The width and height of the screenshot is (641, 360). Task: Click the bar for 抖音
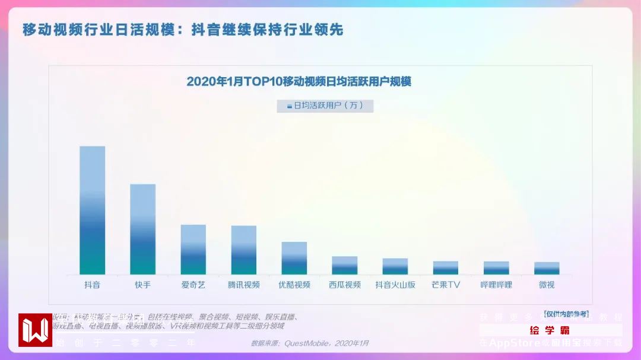click(x=93, y=210)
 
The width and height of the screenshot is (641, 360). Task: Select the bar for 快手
click(x=143, y=229)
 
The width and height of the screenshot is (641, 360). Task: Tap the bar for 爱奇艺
click(x=193, y=249)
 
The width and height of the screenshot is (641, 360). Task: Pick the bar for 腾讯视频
click(x=244, y=250)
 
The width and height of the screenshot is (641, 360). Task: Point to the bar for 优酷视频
click(x=294, y=258)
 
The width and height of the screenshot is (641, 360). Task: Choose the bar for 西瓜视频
click(x=345, y=265)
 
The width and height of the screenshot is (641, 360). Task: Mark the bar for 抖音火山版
click(x=395, y=266)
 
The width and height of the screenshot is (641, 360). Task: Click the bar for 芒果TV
click(x=446, y=267)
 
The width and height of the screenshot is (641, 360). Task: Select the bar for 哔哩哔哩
click(x=496, y=267)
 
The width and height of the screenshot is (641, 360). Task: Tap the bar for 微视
click(x=547, y=268)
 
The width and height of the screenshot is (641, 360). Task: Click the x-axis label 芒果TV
click(x=446, y=285)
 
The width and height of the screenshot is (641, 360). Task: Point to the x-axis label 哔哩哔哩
click(x=496, y=285)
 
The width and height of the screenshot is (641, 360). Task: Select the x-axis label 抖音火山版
click(x=395, y=285)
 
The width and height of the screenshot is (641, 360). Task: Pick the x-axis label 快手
click(x=143, y=285)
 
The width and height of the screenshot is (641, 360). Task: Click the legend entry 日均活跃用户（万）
click(x=325, y=106)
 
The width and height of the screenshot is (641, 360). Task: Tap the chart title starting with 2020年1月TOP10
click(x=299, y=81)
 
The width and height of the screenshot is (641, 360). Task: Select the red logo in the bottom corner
click(x=35, y=330)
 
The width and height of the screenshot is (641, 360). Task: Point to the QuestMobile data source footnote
click(x=310, y=343)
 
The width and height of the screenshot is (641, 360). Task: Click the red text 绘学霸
click(x=550, y=330)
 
